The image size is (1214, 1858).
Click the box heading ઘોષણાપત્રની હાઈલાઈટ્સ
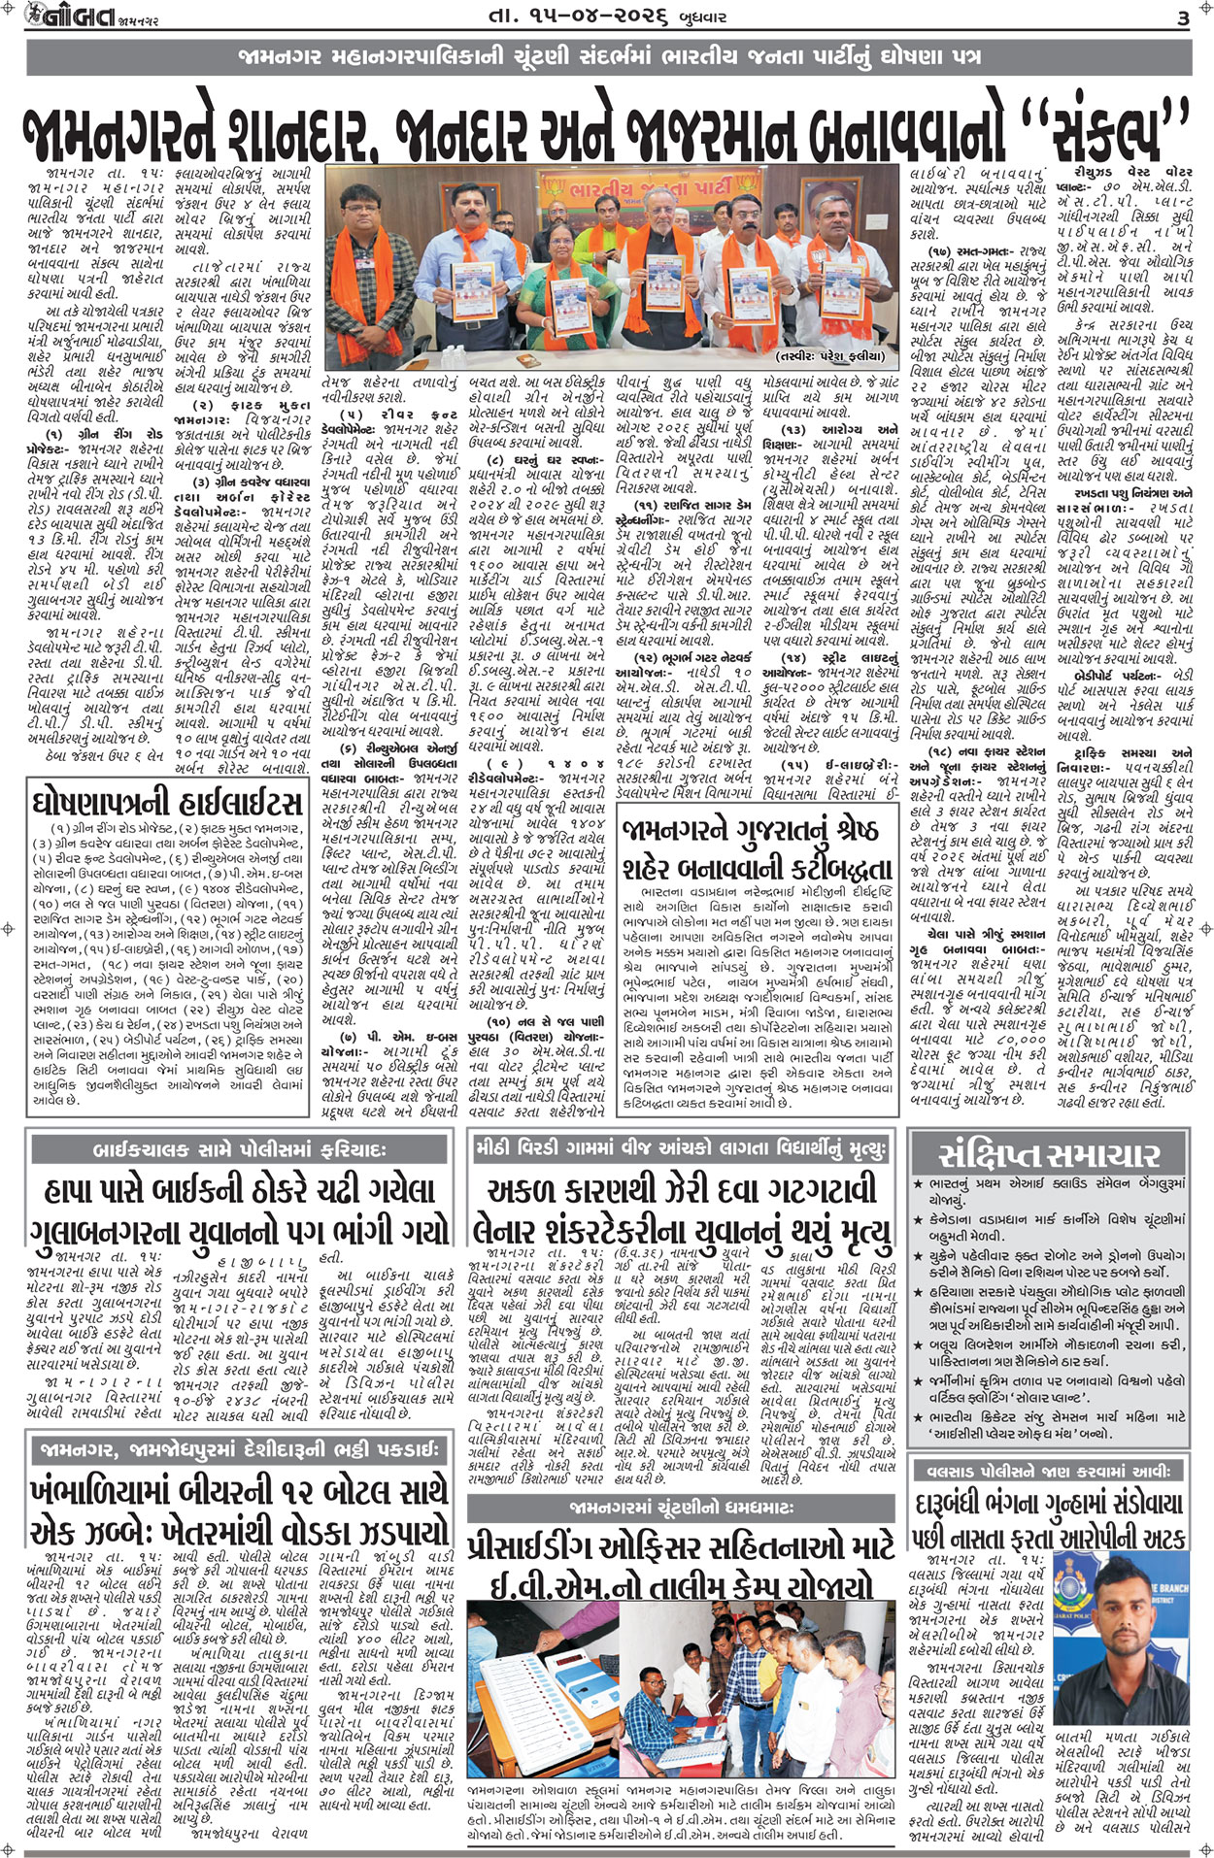click(167, 804)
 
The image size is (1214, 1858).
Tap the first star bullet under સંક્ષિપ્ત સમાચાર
click(919, 1185)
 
